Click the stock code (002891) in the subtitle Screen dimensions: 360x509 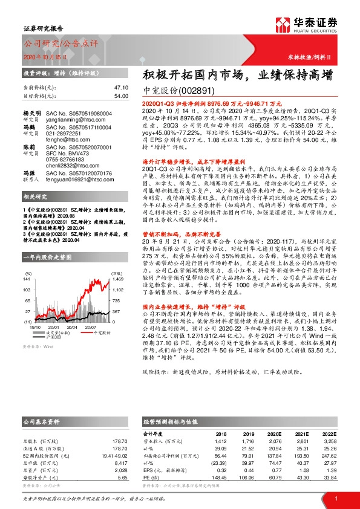point(193,91)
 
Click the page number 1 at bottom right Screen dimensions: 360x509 point(335,498)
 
